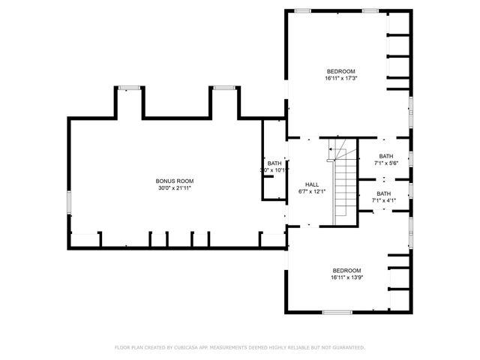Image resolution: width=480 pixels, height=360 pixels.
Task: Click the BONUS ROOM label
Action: [x=175, y=181]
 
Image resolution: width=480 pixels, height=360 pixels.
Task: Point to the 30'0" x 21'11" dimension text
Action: [x=175, y=188]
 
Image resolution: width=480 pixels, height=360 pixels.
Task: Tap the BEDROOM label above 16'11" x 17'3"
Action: [x=340, y=70]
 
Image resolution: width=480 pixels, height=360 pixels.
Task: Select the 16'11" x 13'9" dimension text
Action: [x=347, y=277]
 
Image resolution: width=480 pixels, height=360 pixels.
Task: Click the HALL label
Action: [x=312, y=184]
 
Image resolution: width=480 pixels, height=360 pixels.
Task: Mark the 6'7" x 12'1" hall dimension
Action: [x=312, y=192]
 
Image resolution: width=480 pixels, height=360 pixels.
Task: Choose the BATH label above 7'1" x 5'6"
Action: [x=385, y=157]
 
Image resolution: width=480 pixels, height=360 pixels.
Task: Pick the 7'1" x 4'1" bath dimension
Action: [x=384, y=200]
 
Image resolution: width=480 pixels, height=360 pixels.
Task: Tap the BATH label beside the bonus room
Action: [x=274, y=163]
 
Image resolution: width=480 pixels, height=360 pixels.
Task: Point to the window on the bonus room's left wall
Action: [x=69, y=202]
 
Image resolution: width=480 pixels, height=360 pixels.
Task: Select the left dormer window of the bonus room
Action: [x=130, y=88]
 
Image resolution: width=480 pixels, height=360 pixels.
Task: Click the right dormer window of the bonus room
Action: [x=223, y=88]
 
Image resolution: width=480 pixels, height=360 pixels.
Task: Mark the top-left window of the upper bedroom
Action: [x=303, y=10]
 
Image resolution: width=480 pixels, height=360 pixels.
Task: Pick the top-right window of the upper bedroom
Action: [x=370, y=10]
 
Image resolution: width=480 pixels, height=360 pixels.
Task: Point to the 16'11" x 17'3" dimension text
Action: [x=340, y=78]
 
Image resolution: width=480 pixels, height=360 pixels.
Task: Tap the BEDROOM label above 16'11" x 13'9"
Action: [x=347, y=270]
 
